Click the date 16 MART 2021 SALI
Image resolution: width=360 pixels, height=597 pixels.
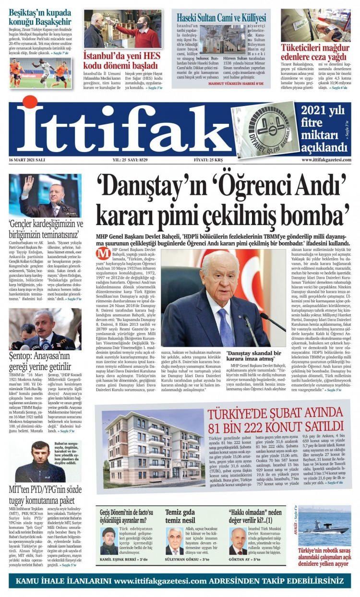pyautogui.click(x=27, y=160)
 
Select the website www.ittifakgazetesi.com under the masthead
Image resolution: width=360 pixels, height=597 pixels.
pyautogui.click(x=326, y=160)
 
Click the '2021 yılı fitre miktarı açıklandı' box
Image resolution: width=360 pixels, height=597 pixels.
pyautogui.click(x=323, y=128)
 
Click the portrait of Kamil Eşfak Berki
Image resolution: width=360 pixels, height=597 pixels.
pyautogui.click(x=109, y=540)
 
